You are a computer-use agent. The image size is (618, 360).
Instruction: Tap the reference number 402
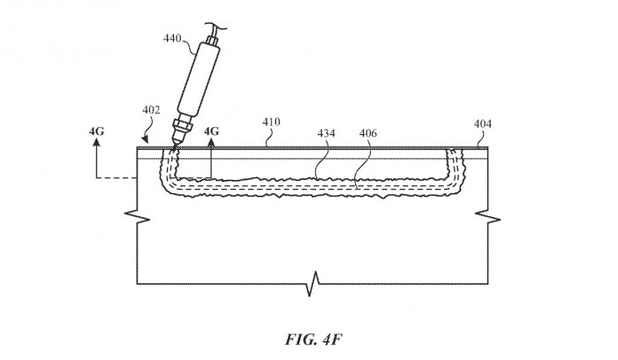[152, 111]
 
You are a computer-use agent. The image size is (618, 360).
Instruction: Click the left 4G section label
[96, 131]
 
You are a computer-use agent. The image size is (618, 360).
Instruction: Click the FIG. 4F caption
[308, 338]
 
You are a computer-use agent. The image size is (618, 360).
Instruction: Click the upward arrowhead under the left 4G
[96, 145]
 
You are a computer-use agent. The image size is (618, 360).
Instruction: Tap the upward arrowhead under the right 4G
[211, 145]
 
